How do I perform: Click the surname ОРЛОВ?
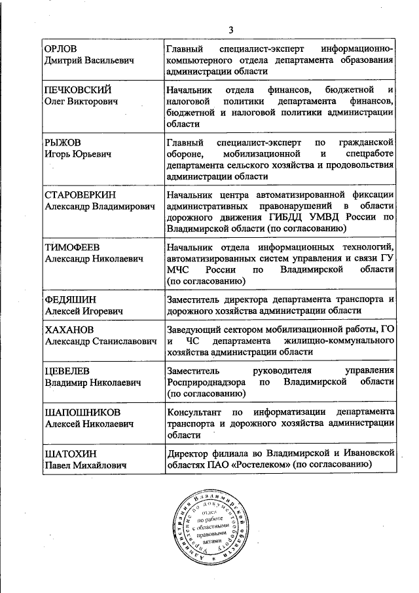[x=61, y=49]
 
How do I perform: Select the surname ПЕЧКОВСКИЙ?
[x=77, y=89]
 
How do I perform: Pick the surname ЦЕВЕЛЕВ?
[x=68, y=370]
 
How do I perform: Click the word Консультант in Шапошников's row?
[x=193, y=411]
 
